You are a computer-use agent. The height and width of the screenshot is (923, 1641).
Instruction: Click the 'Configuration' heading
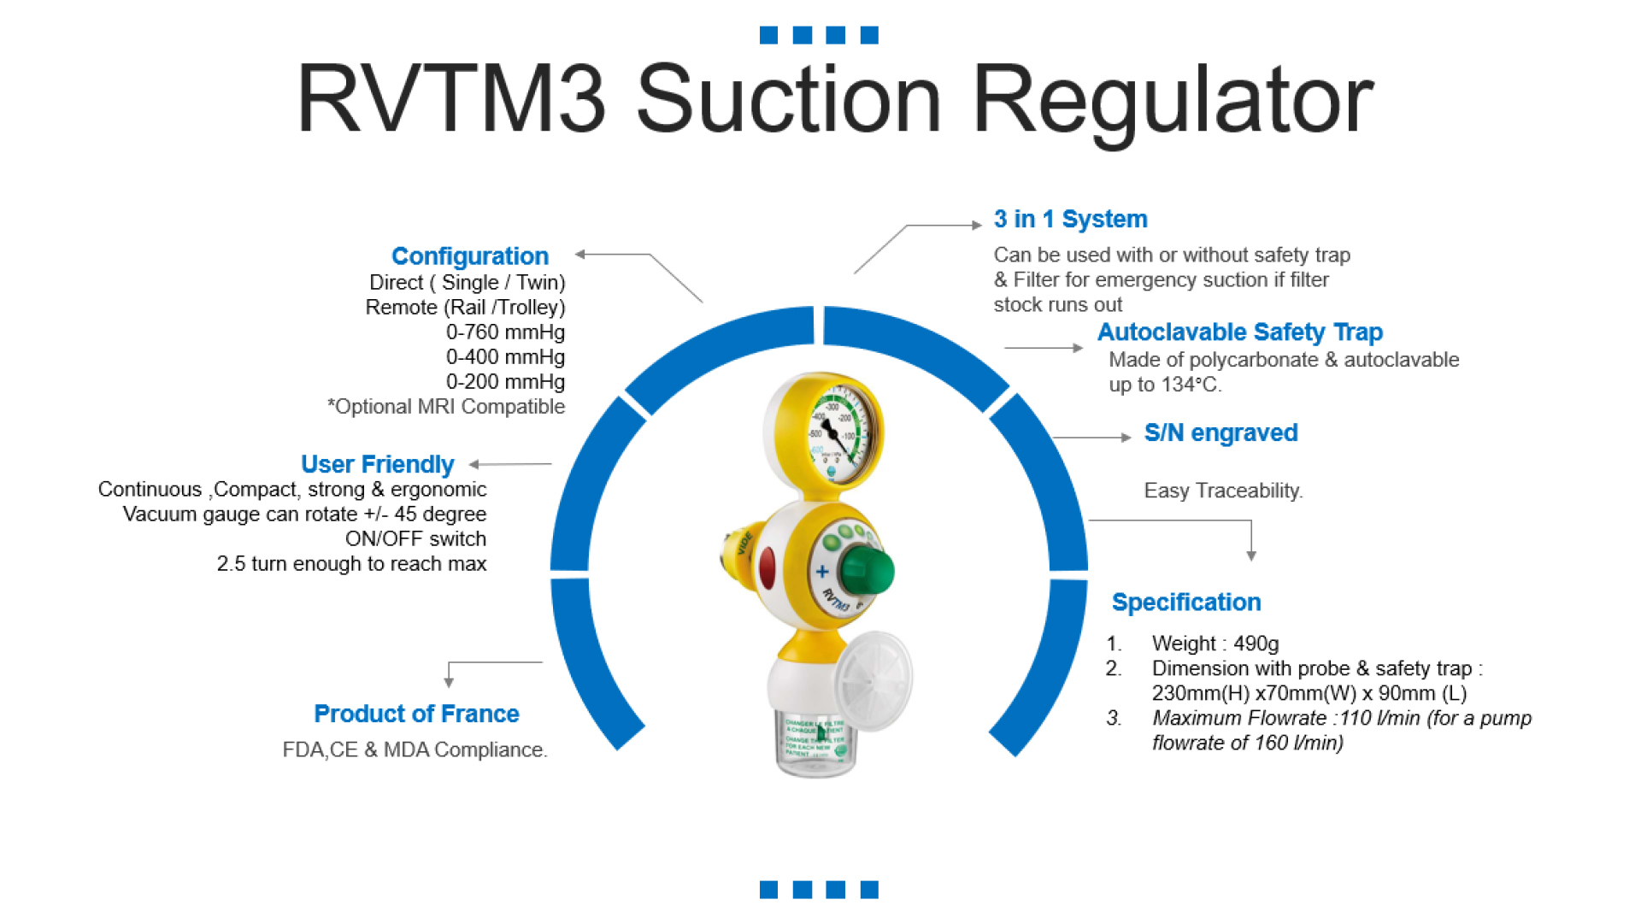(x=469, y=256)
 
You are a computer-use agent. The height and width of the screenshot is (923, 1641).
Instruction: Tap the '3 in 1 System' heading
(x=1070, y=220)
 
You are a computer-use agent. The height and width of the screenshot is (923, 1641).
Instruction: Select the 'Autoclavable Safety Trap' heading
(x=1239, y=332)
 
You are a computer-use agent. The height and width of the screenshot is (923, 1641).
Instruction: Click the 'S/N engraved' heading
(x=1220, y=433)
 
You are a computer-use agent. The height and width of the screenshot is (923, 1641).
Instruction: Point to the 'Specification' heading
(x=1185, y=603)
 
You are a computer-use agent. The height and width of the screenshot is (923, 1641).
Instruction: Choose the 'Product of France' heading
(x=416, y=714)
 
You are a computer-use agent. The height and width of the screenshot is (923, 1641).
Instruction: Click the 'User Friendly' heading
(x=377, y=465)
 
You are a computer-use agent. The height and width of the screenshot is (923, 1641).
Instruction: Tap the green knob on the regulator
(x=867, y=571)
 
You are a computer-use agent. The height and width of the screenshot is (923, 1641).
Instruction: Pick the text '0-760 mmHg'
(x=505, y=332)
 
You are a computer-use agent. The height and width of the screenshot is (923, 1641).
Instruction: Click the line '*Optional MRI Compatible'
(x=446, y=407)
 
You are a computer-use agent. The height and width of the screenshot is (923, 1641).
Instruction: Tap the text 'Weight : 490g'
(x=1215, y=644)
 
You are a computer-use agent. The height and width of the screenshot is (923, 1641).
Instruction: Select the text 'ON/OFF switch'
(x=415, y=539)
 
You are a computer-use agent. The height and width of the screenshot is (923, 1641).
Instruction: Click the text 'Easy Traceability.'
(x=1223, y=491)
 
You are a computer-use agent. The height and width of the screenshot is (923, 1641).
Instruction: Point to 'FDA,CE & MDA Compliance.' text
(x=415, y=750)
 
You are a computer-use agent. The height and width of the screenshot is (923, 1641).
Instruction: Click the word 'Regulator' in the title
(x=1172, y=100)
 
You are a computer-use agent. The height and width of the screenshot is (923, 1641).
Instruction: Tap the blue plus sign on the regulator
(x=822, y=572)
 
